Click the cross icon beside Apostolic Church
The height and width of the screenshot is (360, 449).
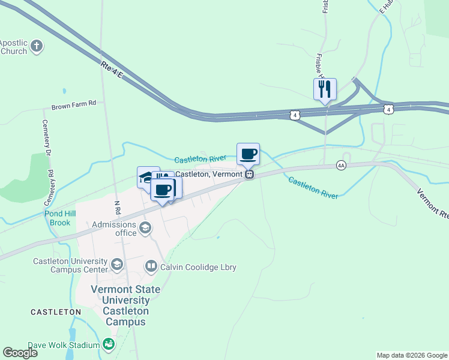tap(37, 46)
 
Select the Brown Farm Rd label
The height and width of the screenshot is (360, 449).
tap(74, 104)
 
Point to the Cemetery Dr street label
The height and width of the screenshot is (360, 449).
tap(47, 148)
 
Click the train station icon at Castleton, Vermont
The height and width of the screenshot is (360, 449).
tap(249, 174)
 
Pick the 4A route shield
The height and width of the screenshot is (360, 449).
tap(341, 165)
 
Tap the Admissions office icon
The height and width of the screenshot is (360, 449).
tap(145, 228)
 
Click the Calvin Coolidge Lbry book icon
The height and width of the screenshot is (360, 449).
tap(151, 266)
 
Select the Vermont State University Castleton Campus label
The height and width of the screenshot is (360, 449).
tap(125, 305)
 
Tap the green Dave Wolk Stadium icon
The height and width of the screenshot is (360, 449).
tap(109, 344)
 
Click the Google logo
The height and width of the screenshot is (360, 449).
tap(20, 353)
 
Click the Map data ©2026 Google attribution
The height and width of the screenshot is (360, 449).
tap(411, 355)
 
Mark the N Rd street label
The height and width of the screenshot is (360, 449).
tap(117, 208)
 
